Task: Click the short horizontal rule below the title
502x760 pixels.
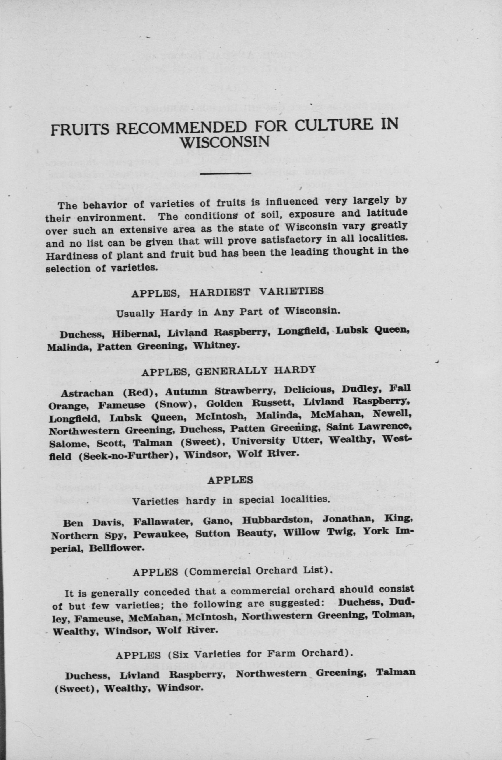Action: pos(225,174)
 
